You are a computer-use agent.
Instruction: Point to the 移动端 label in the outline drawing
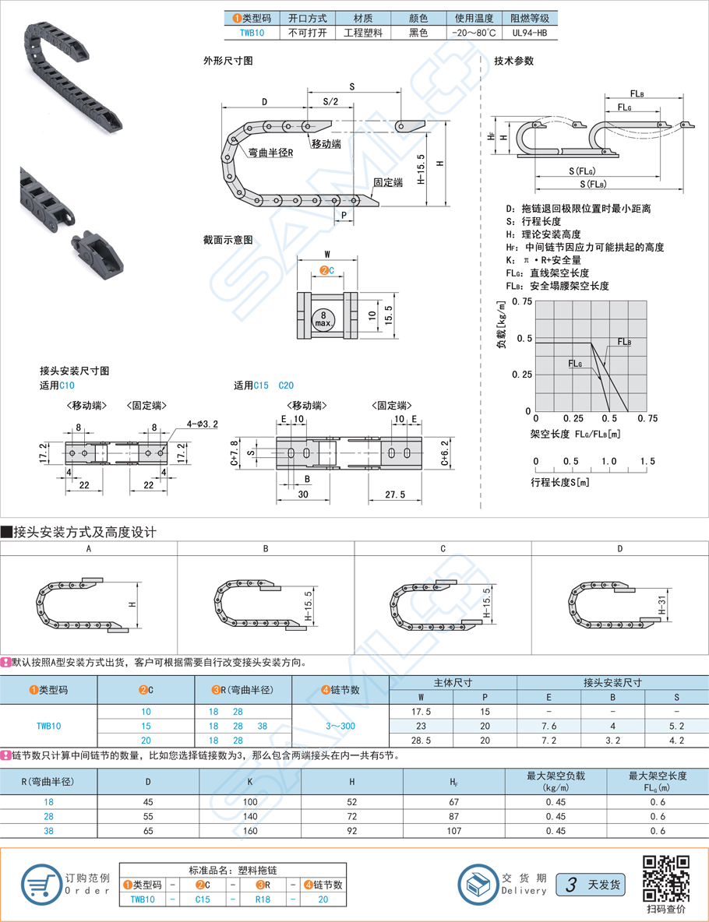click(x=326, y=144)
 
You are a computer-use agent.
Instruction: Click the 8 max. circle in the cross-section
click(x=323, y=318)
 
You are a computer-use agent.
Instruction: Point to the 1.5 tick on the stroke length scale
click(x=647, y=461)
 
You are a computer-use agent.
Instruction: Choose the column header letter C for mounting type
click(x=443, y=548)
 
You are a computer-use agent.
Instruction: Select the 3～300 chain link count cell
click(x=340, y=725)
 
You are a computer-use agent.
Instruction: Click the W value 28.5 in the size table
click(x=420, y=740)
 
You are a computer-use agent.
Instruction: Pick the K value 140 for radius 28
click(x=249, y=816)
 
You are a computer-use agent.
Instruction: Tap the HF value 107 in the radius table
click(x=453, y=830)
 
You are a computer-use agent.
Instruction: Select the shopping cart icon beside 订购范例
click(x=41, y=883)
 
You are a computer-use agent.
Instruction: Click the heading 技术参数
click(x=514, y=61)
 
